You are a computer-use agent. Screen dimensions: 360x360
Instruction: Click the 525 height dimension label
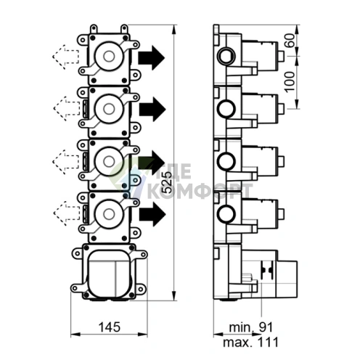coord(167,182)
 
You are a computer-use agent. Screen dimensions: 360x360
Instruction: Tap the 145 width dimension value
coord(110,327)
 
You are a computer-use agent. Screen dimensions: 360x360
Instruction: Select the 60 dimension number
coord(290,41)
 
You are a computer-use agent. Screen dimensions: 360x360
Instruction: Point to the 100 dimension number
coord(290,82)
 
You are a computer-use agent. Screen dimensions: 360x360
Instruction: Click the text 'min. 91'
coord(251,327)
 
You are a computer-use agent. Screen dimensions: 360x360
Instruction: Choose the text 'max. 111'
coord(251,343)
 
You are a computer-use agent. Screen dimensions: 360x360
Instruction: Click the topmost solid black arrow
coord(152,57)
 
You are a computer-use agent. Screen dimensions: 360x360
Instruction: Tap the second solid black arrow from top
coord(152,110)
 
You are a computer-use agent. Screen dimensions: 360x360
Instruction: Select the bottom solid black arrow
coord(152,214)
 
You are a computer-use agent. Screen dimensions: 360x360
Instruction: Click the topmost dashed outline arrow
coord(65,57)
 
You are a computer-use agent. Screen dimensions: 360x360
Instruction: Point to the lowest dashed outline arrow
coord(67,213)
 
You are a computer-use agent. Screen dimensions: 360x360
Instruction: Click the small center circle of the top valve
coord(109,57)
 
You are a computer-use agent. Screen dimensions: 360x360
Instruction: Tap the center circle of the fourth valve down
coord(109,213)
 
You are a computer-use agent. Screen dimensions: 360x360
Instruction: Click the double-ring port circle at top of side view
coord(226,57)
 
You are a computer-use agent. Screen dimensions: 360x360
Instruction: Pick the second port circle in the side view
coord(226,109)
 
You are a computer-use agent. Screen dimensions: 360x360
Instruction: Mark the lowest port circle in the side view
coord(226,214)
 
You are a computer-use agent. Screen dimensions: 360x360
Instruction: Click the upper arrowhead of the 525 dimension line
coord(173,30)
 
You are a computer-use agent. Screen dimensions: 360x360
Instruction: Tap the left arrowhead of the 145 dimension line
coord(75,335)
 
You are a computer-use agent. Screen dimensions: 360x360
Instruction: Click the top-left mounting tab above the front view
coord(94,29)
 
